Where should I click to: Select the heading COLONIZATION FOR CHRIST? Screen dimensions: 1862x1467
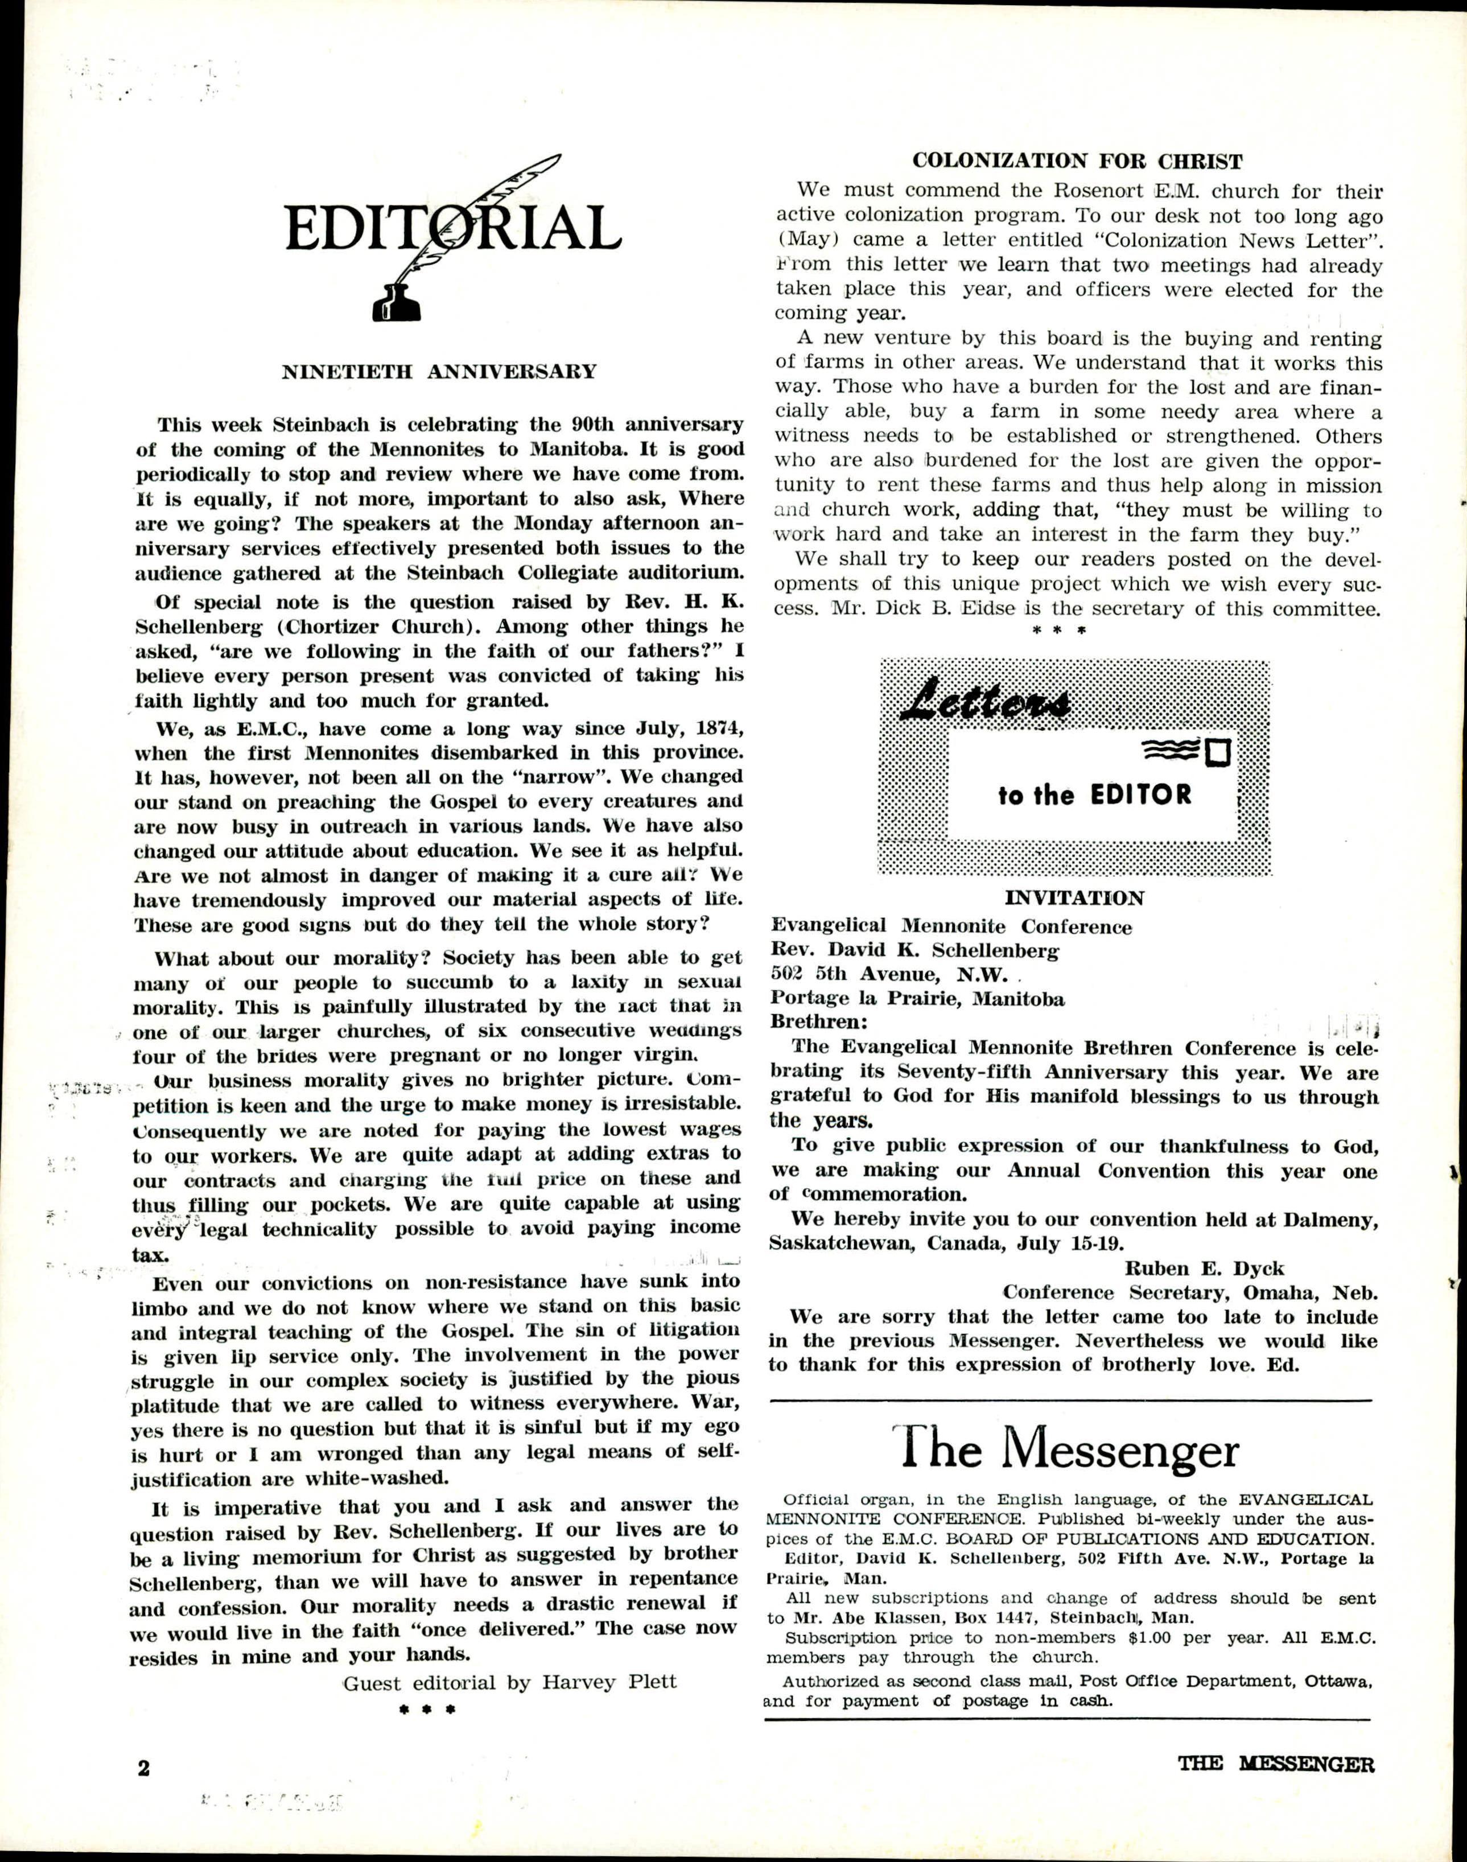click(x=1077, y=162)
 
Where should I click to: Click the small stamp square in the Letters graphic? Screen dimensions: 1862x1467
click(x=1219, y=752)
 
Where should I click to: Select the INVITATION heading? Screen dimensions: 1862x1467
click(x=1074, y=899)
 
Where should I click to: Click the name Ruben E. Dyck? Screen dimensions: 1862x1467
click(x=1204, y=1268)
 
